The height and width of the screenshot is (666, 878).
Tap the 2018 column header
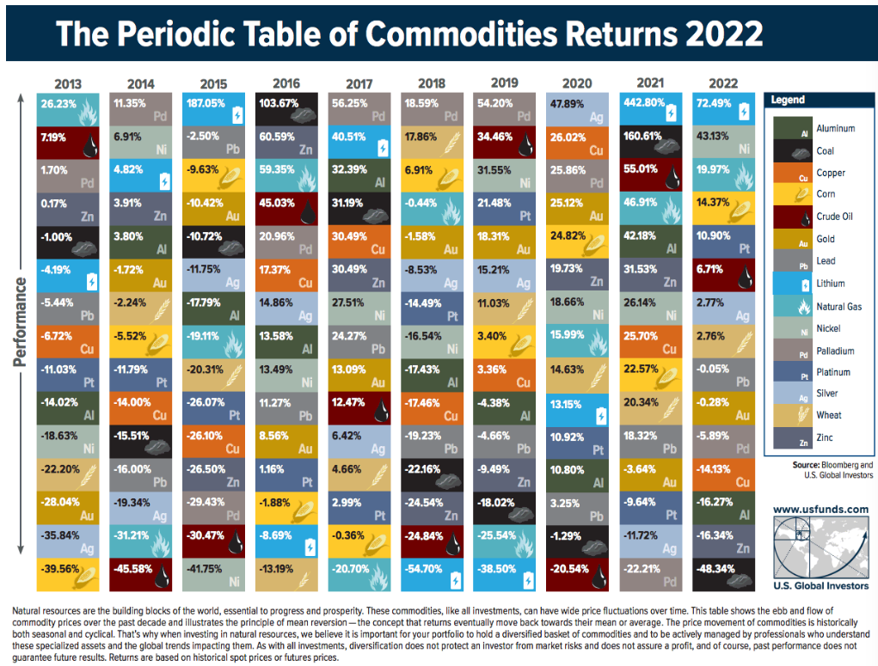[433, 83]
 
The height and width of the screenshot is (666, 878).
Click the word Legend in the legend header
[788, 100]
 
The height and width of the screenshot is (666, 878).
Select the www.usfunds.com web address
[820, 509]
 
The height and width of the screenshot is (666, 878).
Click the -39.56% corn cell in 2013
[69, 569]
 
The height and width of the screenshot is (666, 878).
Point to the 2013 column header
[69, 83]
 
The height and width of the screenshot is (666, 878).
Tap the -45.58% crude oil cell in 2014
[142, 569]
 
